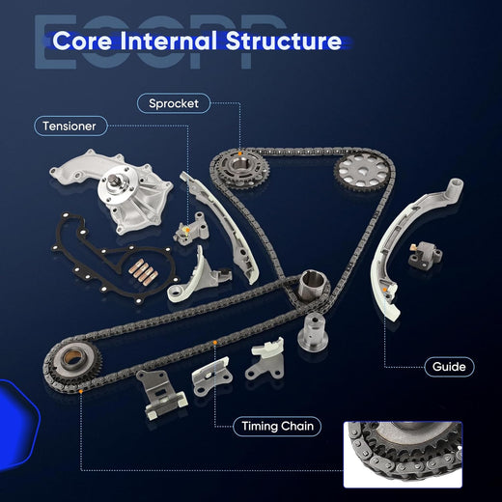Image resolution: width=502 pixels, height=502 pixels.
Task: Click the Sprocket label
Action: tap(174, 103)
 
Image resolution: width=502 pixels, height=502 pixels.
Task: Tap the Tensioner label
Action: tap(70, 125)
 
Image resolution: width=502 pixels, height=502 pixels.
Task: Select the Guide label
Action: tap(449, 367)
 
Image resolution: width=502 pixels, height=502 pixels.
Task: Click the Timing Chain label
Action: tap(277, 426)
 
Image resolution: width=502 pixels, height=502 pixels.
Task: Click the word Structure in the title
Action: tap(284, 41)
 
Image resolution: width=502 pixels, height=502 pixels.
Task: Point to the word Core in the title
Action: tap(82, 41)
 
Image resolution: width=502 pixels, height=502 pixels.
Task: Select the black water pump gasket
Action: tap(113, 258)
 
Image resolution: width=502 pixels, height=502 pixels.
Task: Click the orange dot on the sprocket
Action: tap(240, 154)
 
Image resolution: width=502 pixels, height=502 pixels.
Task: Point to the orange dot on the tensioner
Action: tap(185, 230)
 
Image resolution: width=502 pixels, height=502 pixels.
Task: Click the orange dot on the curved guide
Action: tap(385, 290)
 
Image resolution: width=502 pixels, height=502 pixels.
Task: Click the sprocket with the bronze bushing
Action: tap(72, 362)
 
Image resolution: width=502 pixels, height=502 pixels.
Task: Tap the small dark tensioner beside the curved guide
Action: tap(425, 256)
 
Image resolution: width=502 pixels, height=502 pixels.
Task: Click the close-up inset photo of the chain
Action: tap(403, 455)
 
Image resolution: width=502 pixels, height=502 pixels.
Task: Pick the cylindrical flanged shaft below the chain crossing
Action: tap(313, 332)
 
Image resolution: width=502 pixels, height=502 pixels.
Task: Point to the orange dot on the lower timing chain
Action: tap(215, 343)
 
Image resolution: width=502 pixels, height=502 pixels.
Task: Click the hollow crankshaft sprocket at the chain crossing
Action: tap(311, 285)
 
